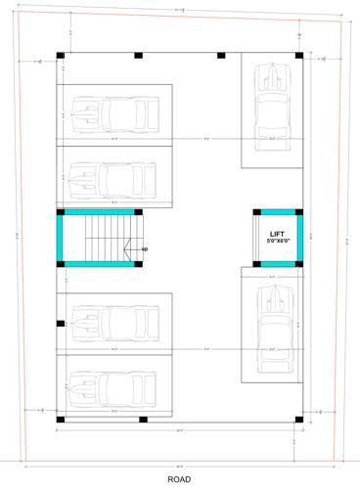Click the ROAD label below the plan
click(179, 479)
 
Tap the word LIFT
click(277, 233)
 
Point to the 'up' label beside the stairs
click(145, 250)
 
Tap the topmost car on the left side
click(113, 116)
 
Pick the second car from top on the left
click(113, 178)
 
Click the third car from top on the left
click(113, 322)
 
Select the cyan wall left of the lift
click(257, 238)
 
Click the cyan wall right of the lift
click(296, 238)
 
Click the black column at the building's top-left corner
click(61, 54)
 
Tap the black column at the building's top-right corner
click(297, 54)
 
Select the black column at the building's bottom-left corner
click(61, 421)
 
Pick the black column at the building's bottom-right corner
click(297, 421)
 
